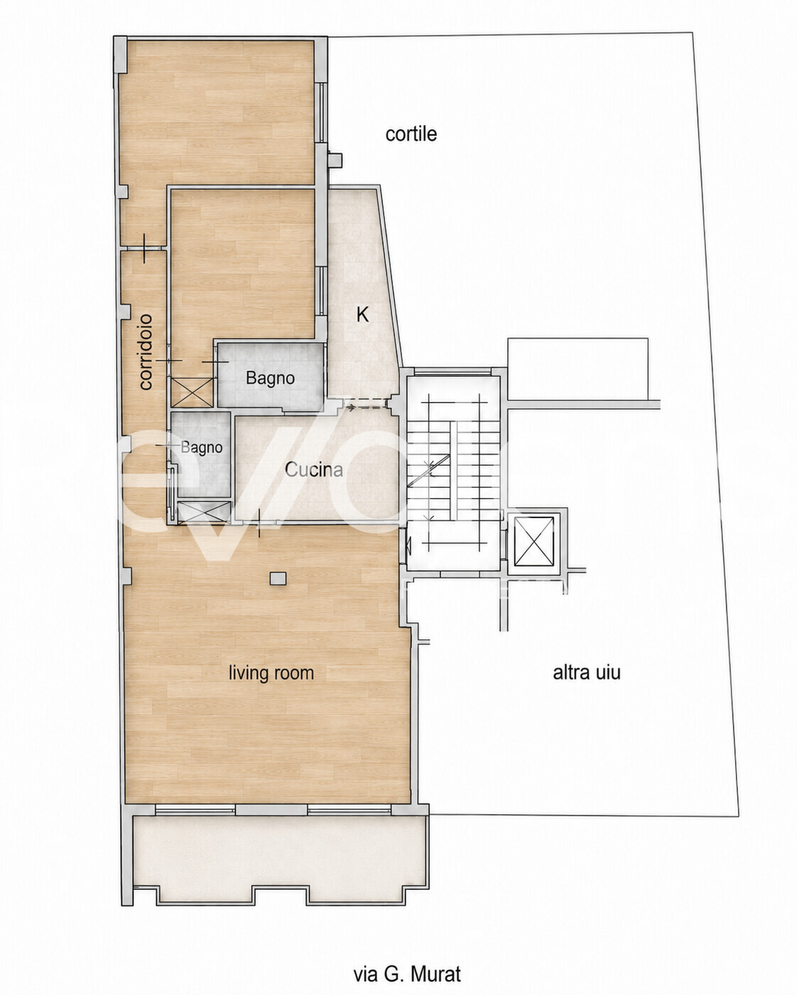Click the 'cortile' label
coord(411,134)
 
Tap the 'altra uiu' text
coord(587,673)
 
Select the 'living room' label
coord(271,673)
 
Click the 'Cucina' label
coord(314,470)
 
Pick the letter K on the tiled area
coord(362,315)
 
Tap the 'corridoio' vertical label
coord(146,352)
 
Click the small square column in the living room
coord(278,579)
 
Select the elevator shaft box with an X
coord(534,542)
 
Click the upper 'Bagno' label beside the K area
coord(271,379)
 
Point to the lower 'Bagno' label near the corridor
coord(202,448)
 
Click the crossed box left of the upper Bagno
coord(192,392)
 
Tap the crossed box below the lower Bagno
coord(204,512)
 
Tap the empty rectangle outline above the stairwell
coord(578,369)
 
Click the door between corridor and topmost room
coord(144,248)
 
